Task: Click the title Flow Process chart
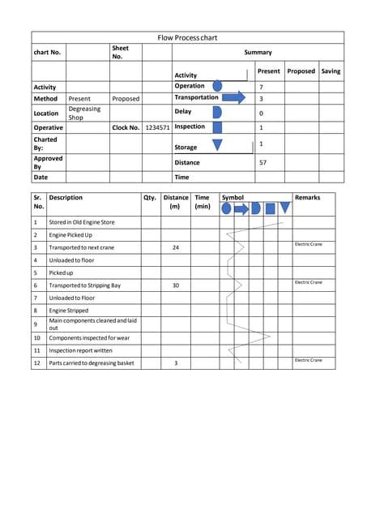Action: click(187, 37)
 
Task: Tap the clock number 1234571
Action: click(157, 127)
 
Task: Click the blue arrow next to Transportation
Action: click(233, 98)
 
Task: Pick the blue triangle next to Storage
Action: click(216, 145)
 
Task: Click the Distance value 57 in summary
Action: click(262, 163)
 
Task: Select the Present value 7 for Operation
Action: click(261, 87)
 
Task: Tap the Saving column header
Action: click(331, 71)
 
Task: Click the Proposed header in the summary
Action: click(301, 71)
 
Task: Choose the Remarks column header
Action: click(308, 197)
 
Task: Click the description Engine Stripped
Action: click(68, 310)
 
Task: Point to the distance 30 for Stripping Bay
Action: click(176, 285)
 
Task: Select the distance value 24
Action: click(176, 247)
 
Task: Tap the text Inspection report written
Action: click(82, 350)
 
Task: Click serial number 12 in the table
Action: click(37, 362)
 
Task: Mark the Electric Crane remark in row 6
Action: click(309, 282)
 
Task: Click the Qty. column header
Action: click(149, 197)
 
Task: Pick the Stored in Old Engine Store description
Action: click(82, 221)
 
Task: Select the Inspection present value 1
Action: click(260, 127)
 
